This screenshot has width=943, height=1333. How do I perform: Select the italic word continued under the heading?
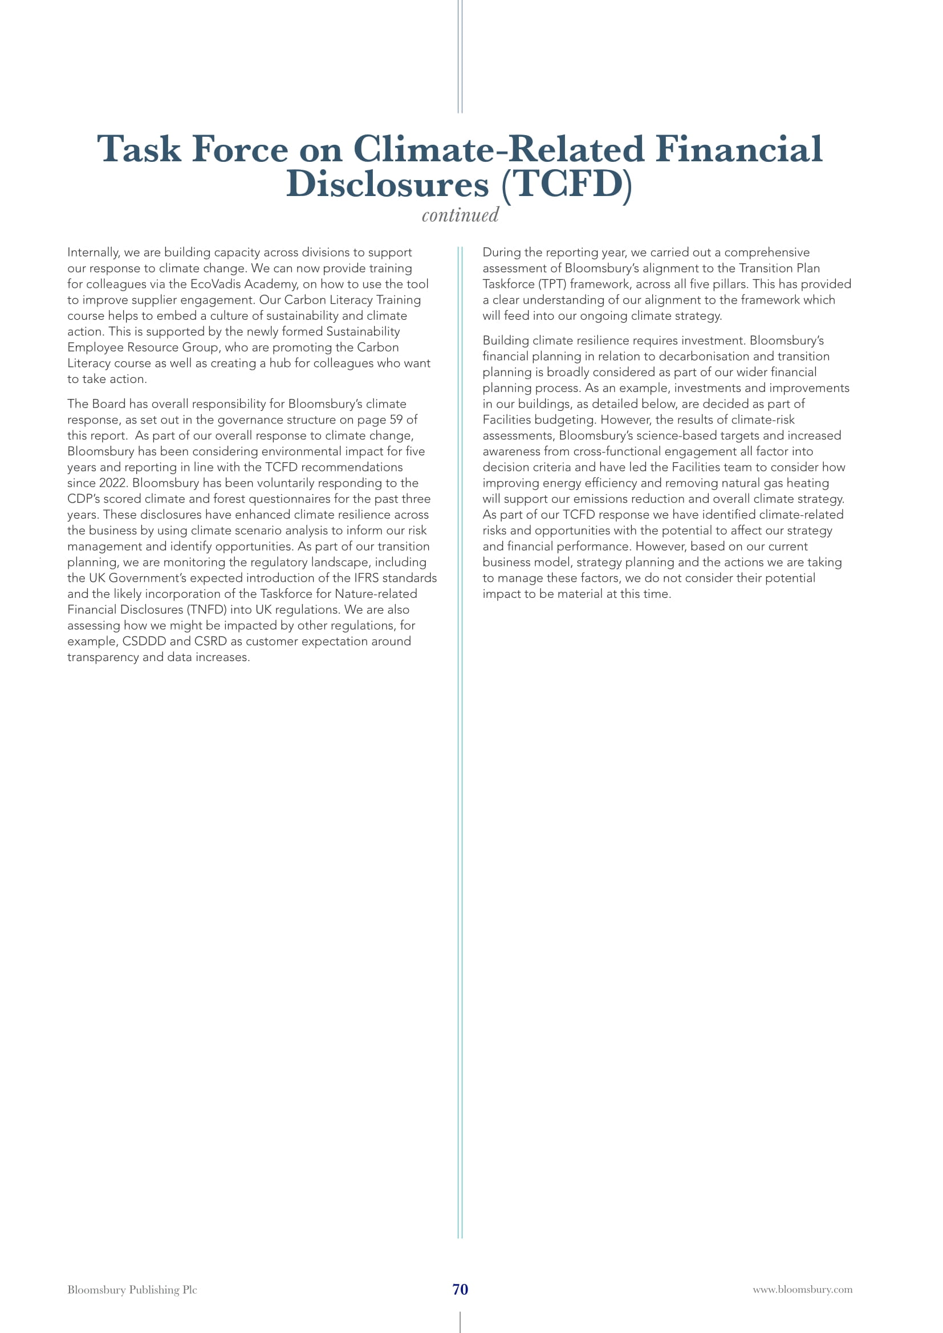click(x=460, y=215)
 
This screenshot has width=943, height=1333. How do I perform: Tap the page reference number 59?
click(x=396, y=420)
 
